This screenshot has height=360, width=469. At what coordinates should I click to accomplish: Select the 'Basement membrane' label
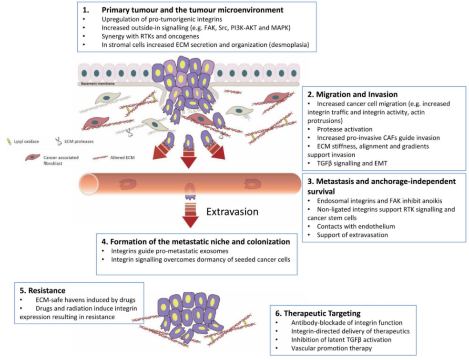[98, 83]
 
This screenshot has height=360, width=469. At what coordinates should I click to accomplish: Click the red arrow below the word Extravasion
[190, 217]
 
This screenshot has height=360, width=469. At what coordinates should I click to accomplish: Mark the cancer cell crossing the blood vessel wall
[190, 190]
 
